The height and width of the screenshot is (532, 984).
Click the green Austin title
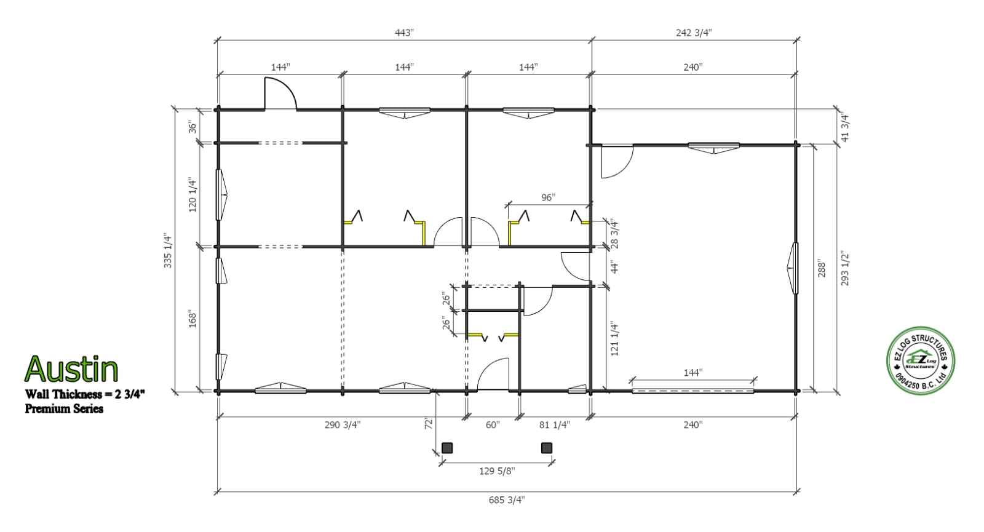[x=71, y=369]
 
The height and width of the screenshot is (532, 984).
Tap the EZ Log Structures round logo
[x=921, y=360]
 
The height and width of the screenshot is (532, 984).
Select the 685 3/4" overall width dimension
[x=507, y=500]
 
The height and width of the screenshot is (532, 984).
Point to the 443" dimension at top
[x=404, y=33]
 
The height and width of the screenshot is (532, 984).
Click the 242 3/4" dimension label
[x=694, y=33]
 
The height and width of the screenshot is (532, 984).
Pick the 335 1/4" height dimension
[x=168, y=250]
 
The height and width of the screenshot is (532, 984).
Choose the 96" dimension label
[x=548, y=197]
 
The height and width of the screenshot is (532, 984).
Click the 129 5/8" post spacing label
[x=497, y=471]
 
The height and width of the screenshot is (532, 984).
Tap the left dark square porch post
[x=447, y=448]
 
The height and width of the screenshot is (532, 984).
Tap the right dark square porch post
[x=547, y=448]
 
